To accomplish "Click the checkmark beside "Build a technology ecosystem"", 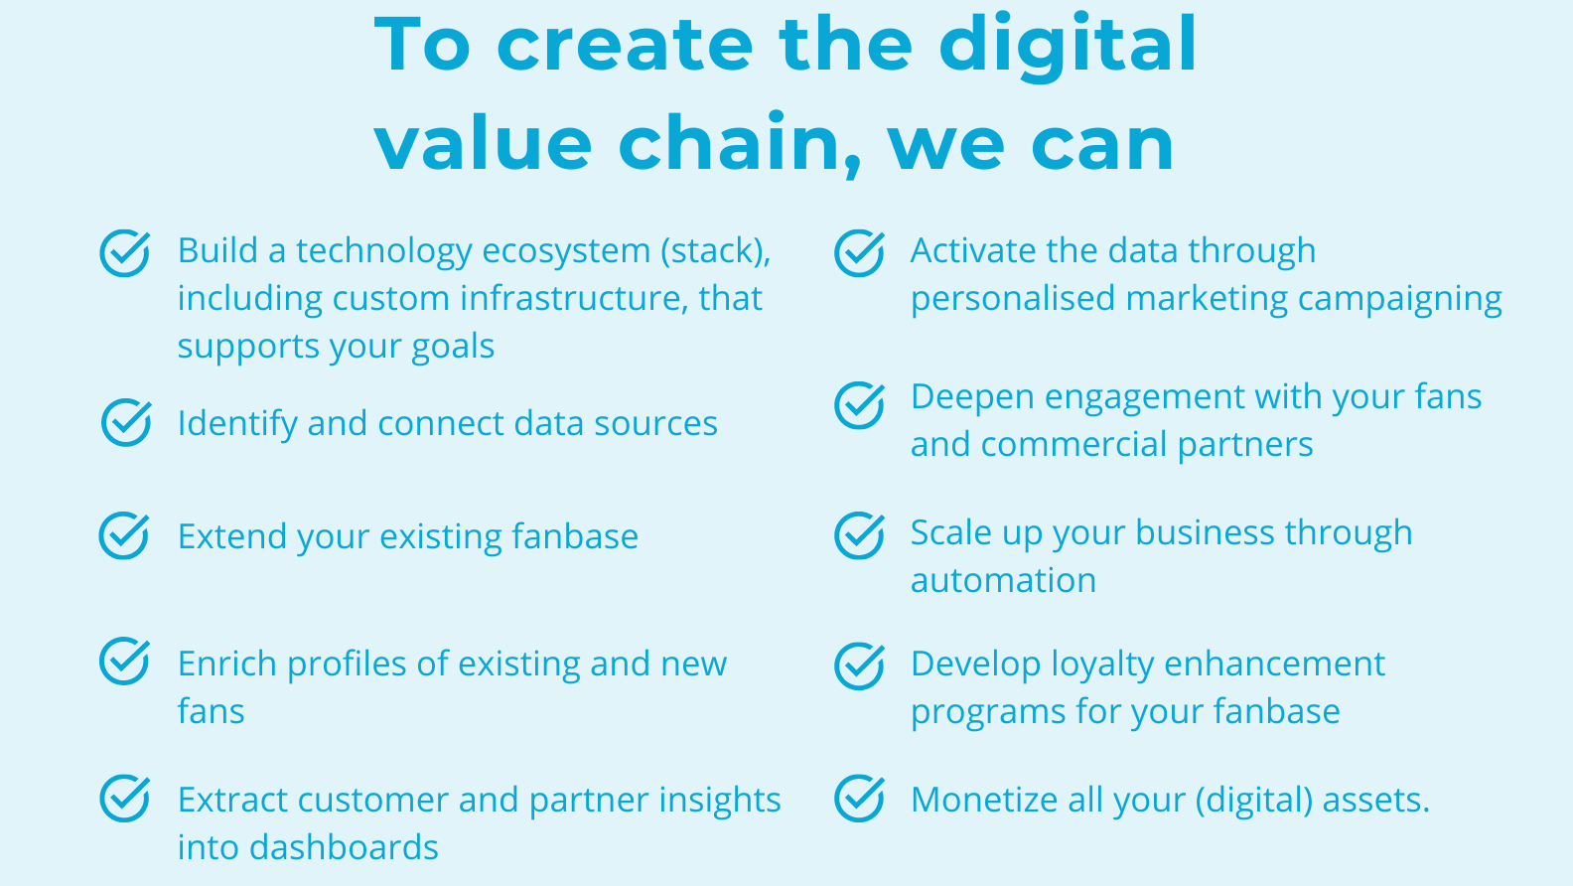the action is tap(124, 253).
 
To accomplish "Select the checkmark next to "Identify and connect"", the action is tap(126, 422).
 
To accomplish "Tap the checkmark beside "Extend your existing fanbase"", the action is tap(123, 535).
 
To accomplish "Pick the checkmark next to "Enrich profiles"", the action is tap(124, 661).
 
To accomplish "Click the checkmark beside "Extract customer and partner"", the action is tap(124, 799).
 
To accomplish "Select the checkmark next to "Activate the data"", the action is tap(860, 253).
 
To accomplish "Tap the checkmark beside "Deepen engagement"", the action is tap(860, 404).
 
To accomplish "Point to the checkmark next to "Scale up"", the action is tap(860, 535).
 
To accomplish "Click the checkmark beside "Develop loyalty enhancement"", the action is tap(860, 666).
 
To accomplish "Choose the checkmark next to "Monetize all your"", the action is tap(860, 799).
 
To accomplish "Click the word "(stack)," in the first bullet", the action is tap(716, 251).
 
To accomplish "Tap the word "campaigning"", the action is tap(1399, 300).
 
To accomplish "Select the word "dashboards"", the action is tap(344, 846).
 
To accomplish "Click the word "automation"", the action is tap(1003, 580).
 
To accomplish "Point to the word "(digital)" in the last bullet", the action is tap(1254, 801).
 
